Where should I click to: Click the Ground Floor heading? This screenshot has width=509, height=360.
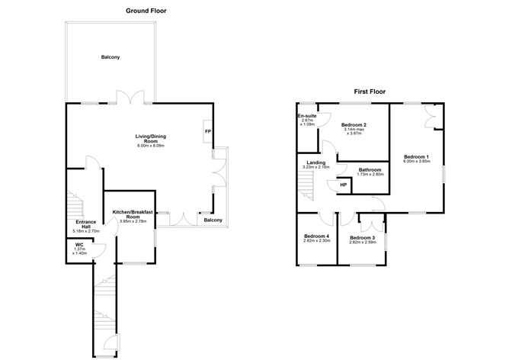146,11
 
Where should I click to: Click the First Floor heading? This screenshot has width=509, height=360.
370,92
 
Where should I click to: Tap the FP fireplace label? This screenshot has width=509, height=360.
208,131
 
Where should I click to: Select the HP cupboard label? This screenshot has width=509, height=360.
344,185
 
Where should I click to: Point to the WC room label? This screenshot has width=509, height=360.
79,245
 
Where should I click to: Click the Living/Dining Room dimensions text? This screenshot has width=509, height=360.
151,146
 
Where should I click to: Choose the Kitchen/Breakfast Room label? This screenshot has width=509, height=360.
133,214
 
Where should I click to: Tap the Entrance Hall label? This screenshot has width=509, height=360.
85,224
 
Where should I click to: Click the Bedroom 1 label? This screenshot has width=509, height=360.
417,156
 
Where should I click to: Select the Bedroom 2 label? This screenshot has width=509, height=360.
354,125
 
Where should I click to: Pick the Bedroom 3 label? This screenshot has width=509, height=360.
363,238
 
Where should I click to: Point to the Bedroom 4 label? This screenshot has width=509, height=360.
317,236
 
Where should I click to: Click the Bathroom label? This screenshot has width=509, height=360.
370,170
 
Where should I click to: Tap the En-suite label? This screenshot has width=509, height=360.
307,116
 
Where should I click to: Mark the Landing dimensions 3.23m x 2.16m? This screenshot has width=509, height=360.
316,167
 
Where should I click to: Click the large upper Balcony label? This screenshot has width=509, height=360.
110,57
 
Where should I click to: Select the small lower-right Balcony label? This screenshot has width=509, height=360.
213,220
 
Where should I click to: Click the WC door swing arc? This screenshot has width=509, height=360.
101,251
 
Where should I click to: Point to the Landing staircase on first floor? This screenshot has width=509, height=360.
306,185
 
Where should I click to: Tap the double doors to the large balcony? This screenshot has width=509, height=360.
130,97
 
